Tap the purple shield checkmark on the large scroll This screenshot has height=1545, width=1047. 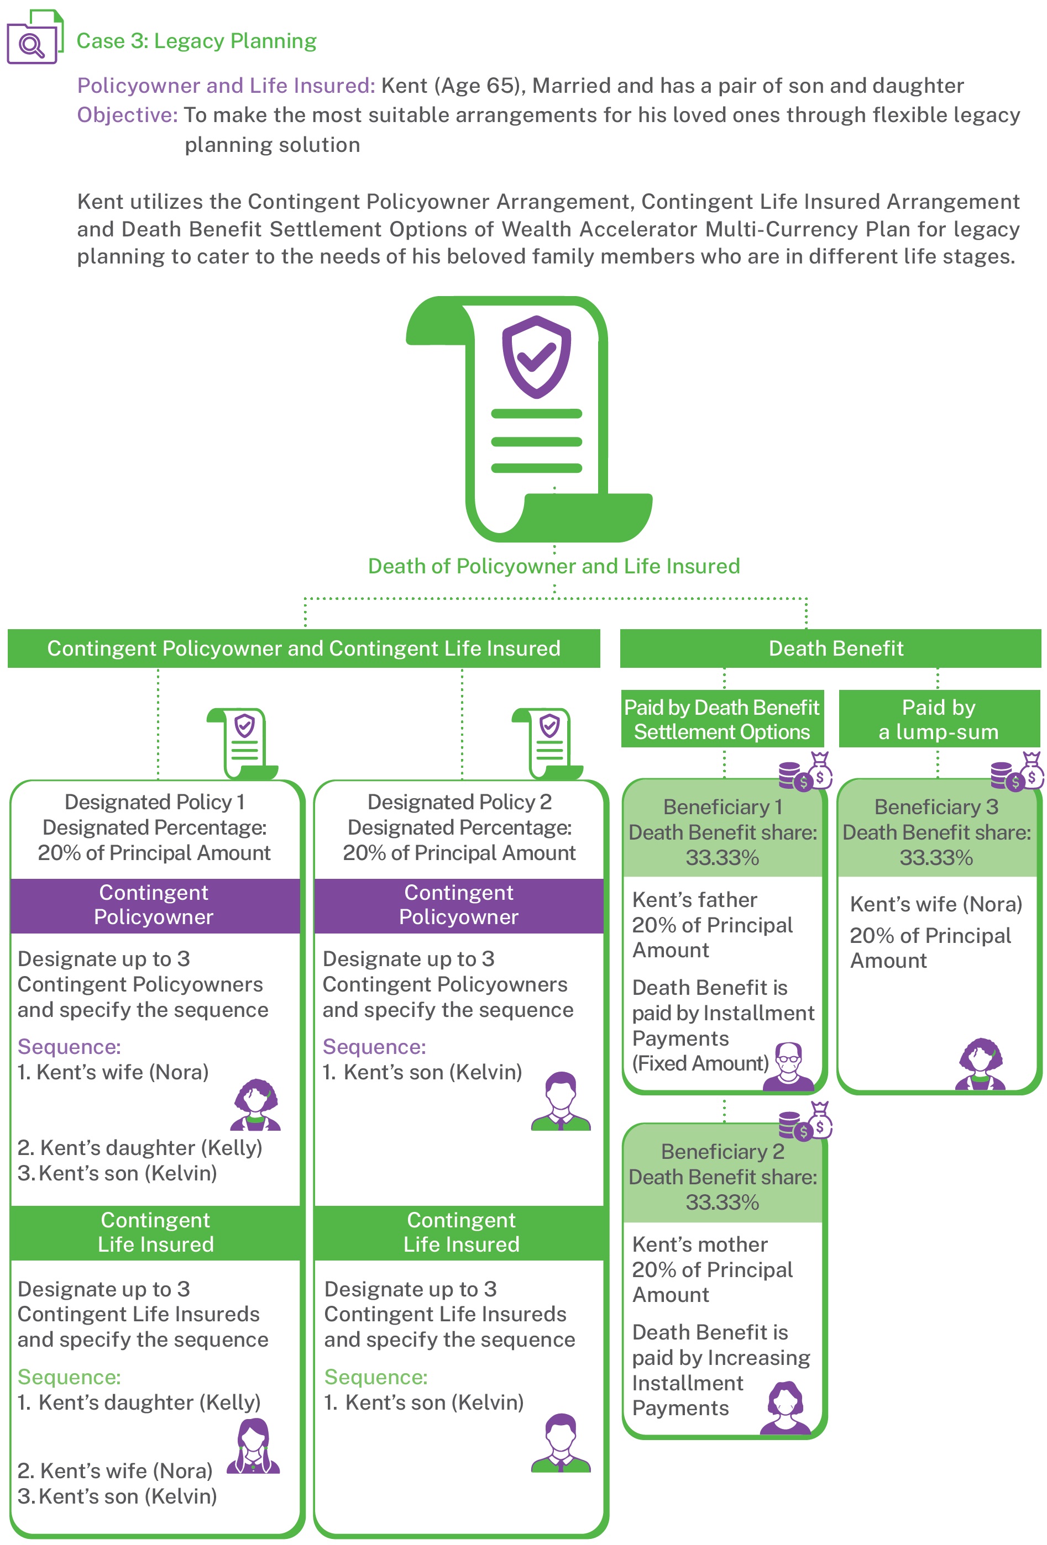coord(536,357)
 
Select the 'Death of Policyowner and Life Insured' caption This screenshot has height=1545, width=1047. coord(553,566)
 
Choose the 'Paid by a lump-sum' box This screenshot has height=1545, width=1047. coord(939,719)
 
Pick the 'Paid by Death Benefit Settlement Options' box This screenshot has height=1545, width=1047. coord(722,719)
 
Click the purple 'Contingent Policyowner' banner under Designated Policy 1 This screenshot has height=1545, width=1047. coord(155,905)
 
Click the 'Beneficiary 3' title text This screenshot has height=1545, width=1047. coord(936,806)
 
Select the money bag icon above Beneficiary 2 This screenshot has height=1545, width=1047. coord(819,1120)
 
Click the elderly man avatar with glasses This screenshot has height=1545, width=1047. coord(788,1066)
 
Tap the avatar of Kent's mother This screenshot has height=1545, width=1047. coord(786,1407)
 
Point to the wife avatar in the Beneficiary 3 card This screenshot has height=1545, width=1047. coord(981,1064)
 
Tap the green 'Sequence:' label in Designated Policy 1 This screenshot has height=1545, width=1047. coord(69,1377)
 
